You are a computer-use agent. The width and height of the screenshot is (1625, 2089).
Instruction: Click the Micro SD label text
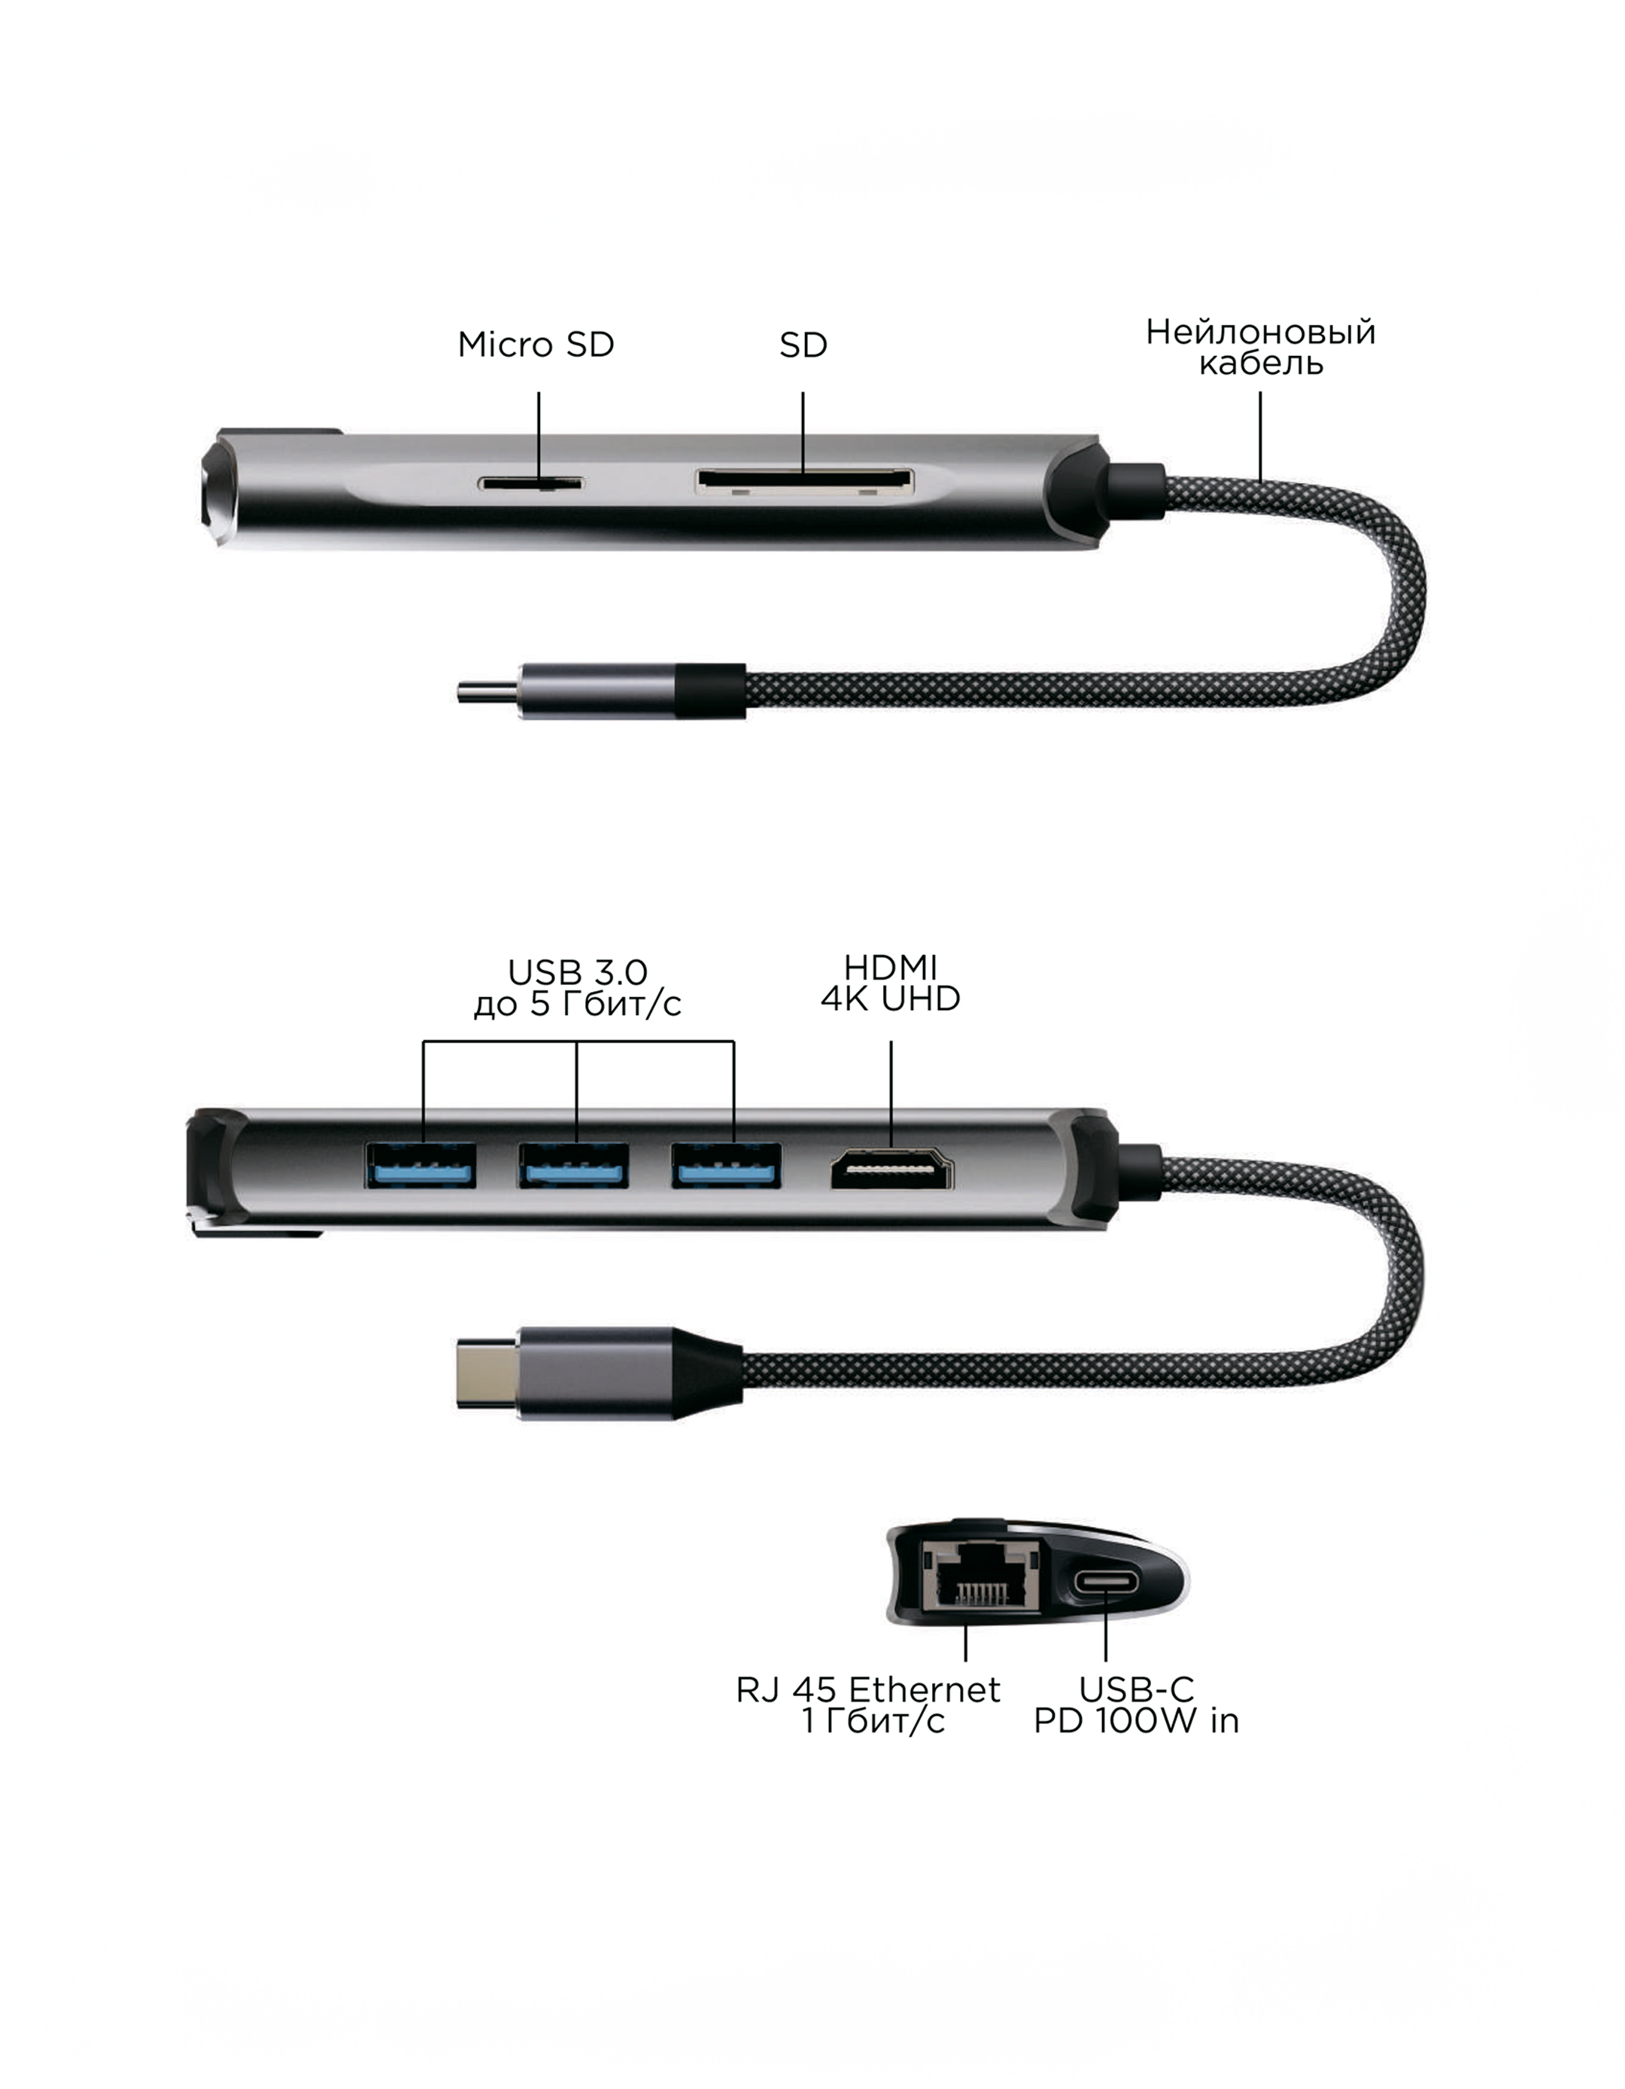coord(536,345)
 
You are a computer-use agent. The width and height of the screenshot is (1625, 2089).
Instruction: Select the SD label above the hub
coord(803,345)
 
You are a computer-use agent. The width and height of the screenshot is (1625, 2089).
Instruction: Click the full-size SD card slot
coord(804,481)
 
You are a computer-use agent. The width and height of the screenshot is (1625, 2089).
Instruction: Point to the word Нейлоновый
coord(1261,332)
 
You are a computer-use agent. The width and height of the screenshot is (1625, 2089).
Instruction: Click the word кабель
coord(1261,363)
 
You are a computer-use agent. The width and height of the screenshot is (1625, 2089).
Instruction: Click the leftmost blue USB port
coord(420,1165)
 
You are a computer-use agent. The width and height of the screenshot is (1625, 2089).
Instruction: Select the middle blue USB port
coord(574,1165)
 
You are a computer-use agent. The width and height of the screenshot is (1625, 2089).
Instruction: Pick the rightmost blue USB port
coord(726,1165)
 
